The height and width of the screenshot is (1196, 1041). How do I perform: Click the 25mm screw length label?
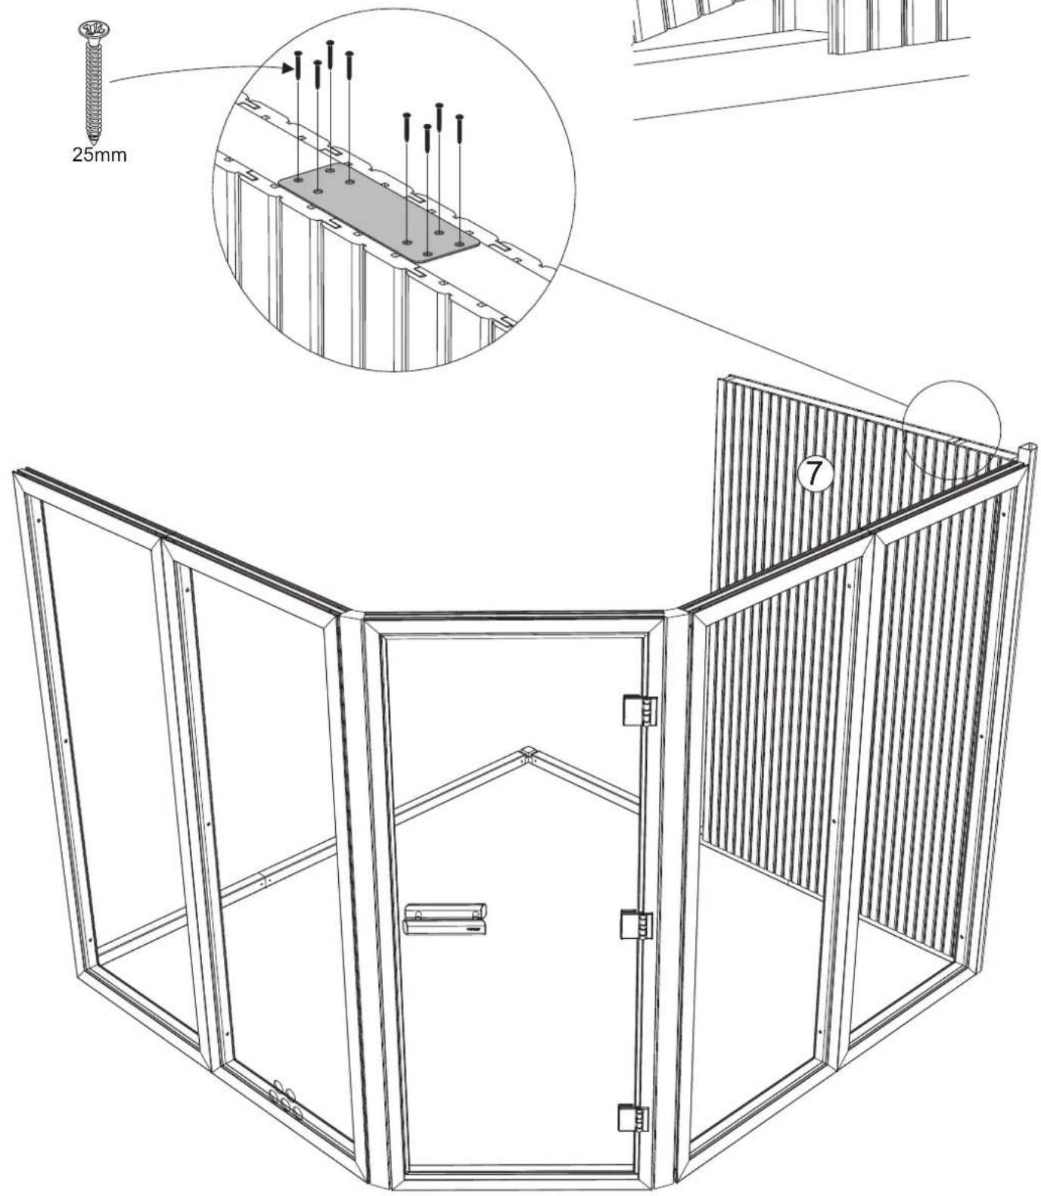pyautogui.click(x=99, y=156)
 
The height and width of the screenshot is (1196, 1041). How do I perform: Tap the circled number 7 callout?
pyautogui.click(x=813, y=474)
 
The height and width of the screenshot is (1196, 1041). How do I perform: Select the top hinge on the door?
pyautogui.click(x=639, y=710)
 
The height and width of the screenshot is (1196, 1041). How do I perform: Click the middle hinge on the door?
pyautogui.click(x=637, y=924)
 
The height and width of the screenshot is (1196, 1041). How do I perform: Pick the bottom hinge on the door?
pyautogui.click(x=634, y=1117)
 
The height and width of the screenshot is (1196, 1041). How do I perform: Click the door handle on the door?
pyautogui.click(x=445, y=918)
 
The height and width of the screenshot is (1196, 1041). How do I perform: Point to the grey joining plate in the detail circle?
pyautogui.click(x=378, y=213)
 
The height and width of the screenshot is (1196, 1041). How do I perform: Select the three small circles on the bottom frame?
pyautogui.click(x=284, y=1098)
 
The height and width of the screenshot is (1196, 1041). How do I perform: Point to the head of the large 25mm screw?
pyautogui.click(x=94, y=30)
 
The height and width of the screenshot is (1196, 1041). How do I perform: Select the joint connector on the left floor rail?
pyautogui.click(x=263, y=880)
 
